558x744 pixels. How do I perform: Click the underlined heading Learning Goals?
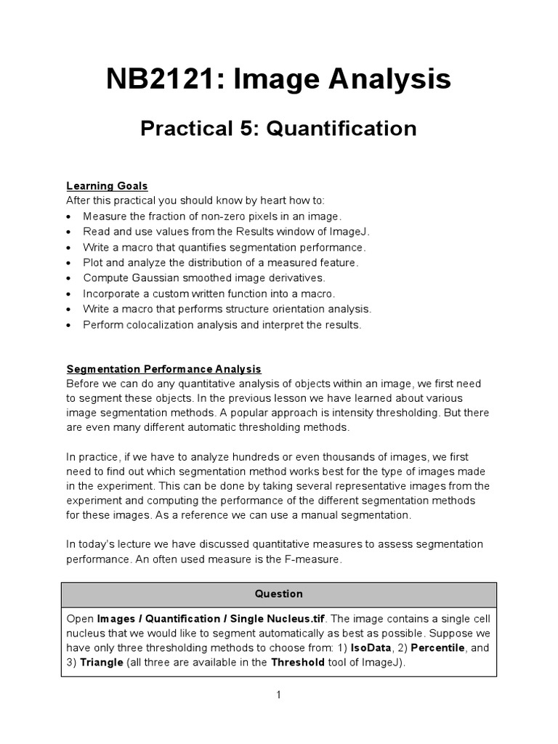[x=107, y=186]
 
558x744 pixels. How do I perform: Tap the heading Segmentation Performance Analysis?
[x=163, y=369]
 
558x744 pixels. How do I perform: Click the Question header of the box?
[x=278, y=594]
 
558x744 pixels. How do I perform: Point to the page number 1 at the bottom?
[x=278, y=695]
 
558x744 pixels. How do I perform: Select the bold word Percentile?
[x=434, y=647]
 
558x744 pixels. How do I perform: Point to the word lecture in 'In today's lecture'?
[x=141, y=544]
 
